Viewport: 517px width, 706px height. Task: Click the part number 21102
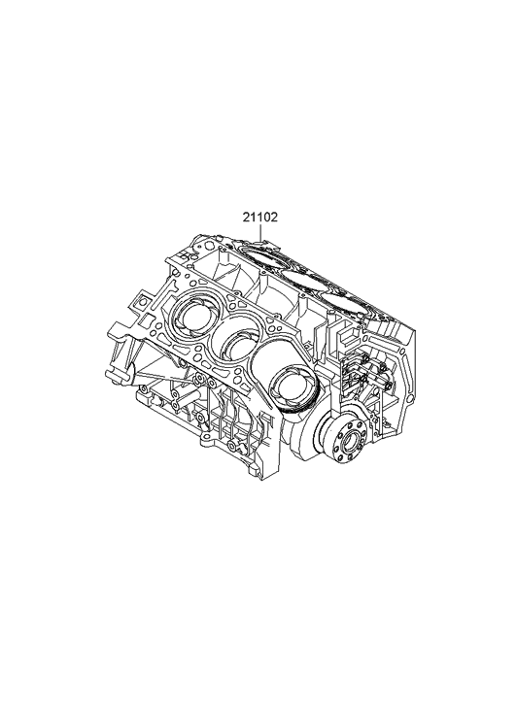click(x=259, y=219)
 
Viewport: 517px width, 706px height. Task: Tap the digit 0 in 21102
click(x=265, y=219)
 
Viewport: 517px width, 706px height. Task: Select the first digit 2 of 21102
click(x=246, y=219)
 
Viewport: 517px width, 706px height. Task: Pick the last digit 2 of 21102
click(x=274, y=219)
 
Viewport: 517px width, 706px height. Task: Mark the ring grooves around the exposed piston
click(x=290, y=396)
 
